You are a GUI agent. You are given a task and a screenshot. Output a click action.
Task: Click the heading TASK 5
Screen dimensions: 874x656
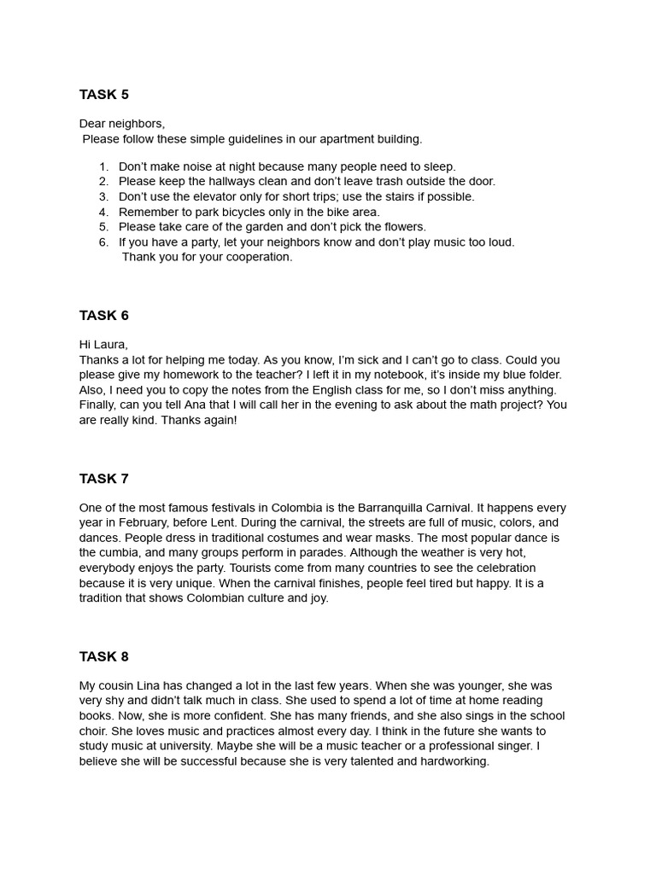click(104, 95)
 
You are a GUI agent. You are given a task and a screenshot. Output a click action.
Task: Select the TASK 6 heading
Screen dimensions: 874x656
click(104, 316)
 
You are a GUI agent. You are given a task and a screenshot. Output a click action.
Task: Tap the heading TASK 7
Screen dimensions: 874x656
click(104, 479)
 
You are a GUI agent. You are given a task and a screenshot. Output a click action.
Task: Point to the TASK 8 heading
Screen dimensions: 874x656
click(104, 657)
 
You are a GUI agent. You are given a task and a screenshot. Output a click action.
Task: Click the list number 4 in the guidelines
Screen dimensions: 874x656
click(103, 212)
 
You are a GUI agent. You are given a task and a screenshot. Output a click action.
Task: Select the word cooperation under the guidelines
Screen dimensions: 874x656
click(257, 257)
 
